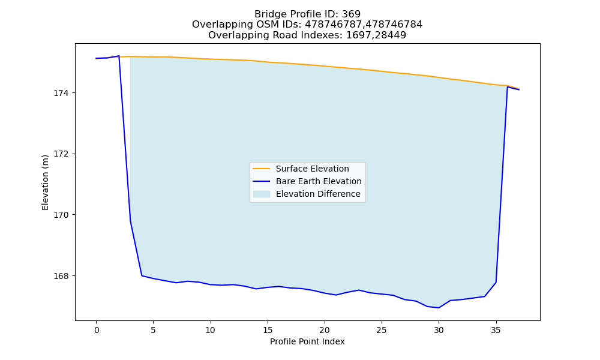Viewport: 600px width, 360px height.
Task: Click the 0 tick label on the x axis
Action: [96, 330]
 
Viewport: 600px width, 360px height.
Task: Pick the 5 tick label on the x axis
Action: [153, 330]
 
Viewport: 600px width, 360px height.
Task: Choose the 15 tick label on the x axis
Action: [267, 330]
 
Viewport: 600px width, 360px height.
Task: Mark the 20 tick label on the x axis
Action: [325, 330]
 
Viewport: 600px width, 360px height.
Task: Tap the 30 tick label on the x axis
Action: [439, 330]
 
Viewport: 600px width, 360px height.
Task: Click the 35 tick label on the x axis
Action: [496, 330]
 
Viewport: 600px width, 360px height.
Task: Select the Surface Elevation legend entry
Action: [301, 169]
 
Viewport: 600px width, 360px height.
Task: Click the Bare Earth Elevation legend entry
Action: [307, 181]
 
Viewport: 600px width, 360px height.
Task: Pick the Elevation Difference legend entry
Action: [307, 194]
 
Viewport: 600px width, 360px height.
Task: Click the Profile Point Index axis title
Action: [307, 341]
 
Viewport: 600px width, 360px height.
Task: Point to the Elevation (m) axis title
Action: [45, 182]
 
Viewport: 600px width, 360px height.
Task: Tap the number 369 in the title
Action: [351, 14]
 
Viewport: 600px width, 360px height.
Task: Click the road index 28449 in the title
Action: [391, 35]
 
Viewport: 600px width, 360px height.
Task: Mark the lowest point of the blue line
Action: [439, 308]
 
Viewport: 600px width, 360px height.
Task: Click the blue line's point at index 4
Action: [142, 275]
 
